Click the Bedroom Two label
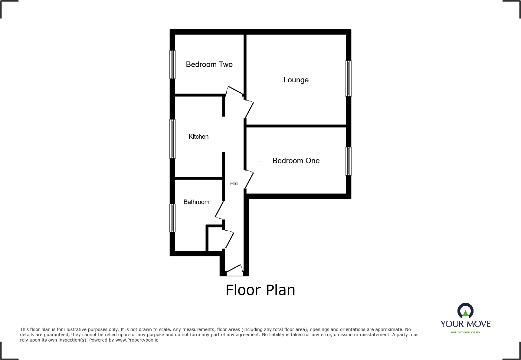point(209,64)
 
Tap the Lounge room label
point(296,80)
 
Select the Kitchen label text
point(198,137)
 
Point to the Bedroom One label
point(296,161)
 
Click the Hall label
point(234,183)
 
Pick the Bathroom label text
point(196,202)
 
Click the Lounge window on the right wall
point(349,78)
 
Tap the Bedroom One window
point(349,161)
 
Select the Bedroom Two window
point(172,64)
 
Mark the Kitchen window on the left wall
point(172,139)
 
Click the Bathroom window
point(172,218)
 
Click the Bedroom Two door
point(234,90)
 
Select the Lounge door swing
point(249,109)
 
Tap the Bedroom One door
point(249,179)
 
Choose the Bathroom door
point(219,210)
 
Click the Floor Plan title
point(260,290)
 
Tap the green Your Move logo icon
point(465,312)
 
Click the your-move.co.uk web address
point(465,332)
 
